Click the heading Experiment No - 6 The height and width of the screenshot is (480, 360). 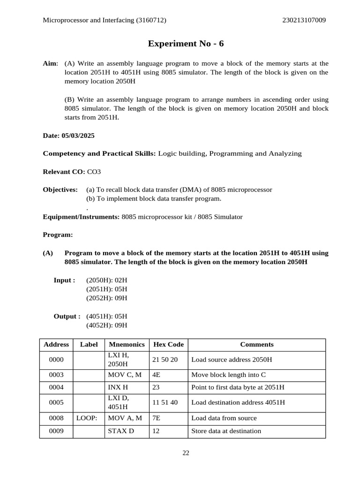coord(186,44)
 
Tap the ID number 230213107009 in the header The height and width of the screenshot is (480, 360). coord(304,20)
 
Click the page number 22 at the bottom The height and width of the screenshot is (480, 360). coord(186,453)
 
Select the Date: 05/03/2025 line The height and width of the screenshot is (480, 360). coord(68,135)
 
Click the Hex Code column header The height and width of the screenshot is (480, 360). coord(168,345)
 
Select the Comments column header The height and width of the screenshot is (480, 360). coord(256,345)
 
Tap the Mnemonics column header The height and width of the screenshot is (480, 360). coord(127,345)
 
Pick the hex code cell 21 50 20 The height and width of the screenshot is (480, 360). coord(165,360)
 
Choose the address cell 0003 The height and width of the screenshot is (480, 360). coord(56,375)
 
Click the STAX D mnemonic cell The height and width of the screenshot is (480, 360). coord(121,431)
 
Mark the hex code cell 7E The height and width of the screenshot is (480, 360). coord(157,418)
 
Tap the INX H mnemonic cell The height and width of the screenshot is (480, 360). coord(118,388)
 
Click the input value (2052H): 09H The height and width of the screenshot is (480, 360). coord(106,298)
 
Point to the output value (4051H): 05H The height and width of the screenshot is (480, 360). coord(106,316)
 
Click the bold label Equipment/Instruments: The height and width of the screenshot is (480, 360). coord(81,217)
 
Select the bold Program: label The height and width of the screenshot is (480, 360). coord(58,234)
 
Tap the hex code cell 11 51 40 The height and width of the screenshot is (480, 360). coord(165,403)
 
